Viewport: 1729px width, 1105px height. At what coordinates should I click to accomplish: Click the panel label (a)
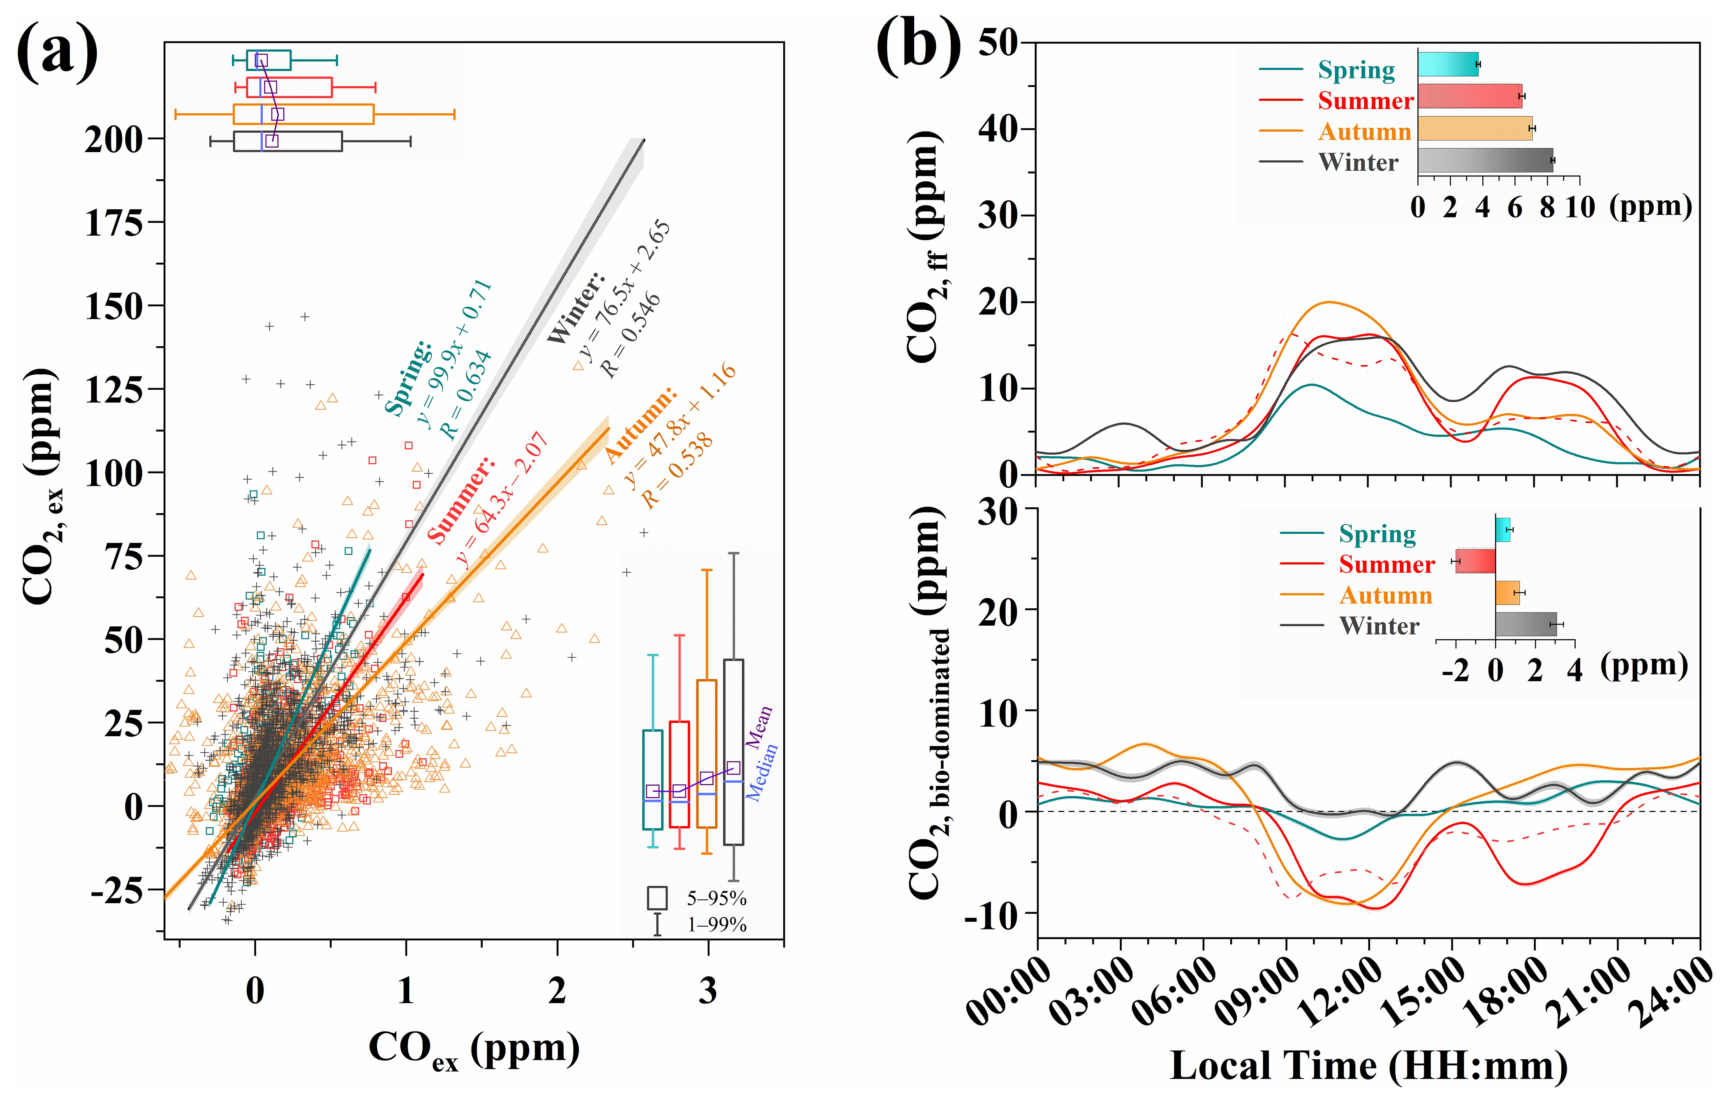coord(58,52)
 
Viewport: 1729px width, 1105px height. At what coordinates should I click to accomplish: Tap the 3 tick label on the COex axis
coord(708,991)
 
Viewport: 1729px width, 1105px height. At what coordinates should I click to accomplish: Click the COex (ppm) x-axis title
coord(474,1050)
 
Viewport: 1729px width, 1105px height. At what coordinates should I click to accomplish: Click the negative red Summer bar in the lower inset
coord(1476,561)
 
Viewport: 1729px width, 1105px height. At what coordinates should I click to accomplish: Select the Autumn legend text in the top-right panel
coord(1364,132)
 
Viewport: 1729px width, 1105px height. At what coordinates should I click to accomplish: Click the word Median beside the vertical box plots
coord(763,772)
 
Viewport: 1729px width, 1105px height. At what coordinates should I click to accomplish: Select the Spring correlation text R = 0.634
coord(465,395)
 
